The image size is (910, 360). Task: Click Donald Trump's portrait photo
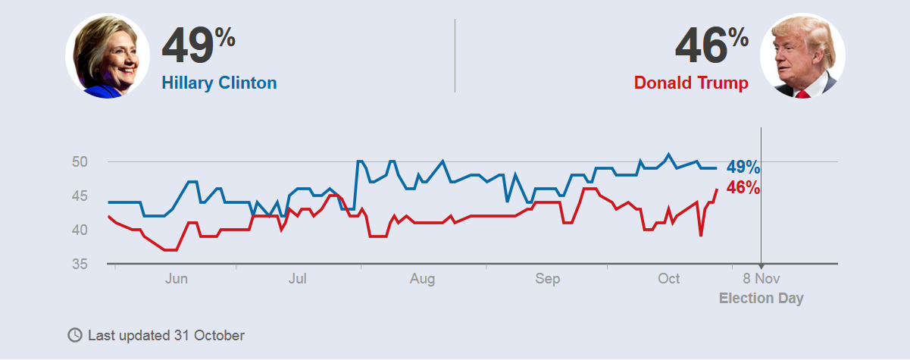coord(802,55)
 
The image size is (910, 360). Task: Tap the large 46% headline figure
coord(711,46)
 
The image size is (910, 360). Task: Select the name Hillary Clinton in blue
coord(219,83)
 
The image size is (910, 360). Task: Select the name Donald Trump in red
coord(691,83)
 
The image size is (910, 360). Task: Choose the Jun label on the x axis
coord(176,280)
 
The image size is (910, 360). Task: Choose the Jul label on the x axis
coord(298,280)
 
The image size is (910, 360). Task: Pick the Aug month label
coord(422,280)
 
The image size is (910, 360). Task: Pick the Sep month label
coord(547,280)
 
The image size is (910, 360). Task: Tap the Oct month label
coord(668,280)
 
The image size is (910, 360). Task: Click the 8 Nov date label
coord(761,280)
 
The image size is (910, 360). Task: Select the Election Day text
coord(761,299)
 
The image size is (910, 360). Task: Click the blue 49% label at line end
coord(743,167)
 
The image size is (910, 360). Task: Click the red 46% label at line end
coord(743,187)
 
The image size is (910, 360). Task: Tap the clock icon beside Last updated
coord(75,335)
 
